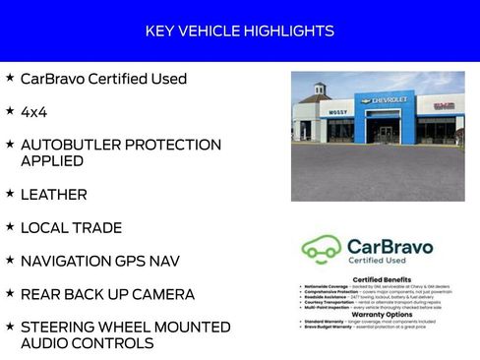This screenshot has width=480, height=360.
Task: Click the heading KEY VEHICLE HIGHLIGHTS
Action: (239, 31)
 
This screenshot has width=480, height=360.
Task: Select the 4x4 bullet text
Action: (33, 112)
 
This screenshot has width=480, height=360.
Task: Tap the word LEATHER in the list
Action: (53, 195)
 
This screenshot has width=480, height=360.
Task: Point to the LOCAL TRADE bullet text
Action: (71, 228)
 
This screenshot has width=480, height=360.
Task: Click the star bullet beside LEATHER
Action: (9, 193)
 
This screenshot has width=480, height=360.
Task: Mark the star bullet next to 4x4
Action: (9, 110)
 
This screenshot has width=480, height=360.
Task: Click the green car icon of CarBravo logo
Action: (321, 249)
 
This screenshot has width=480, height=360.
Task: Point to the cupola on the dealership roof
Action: (321, 90)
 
